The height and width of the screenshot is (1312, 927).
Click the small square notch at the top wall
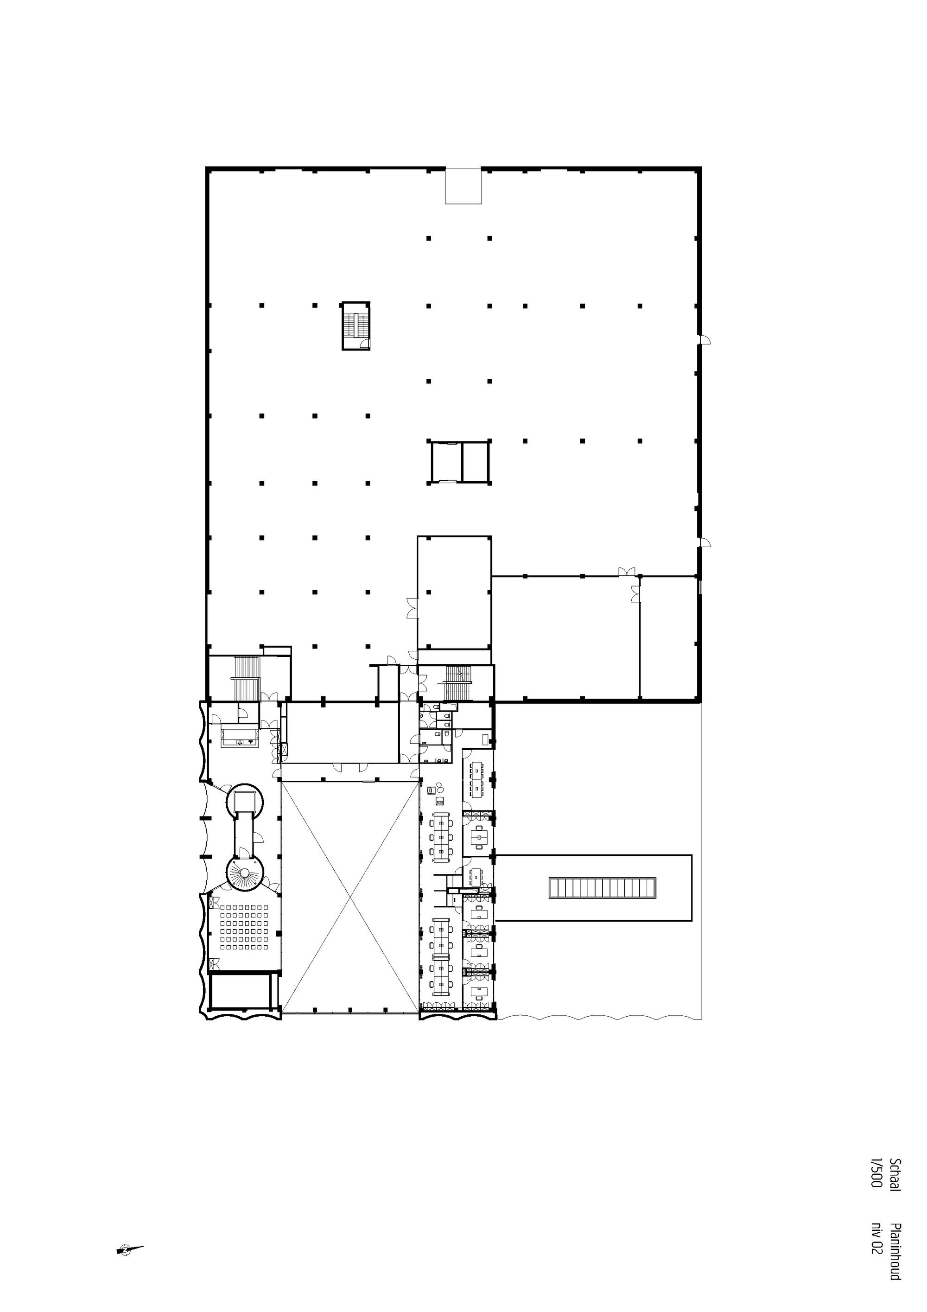463,186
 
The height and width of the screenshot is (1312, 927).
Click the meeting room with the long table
477,779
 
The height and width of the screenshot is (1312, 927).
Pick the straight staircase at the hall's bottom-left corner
247,678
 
